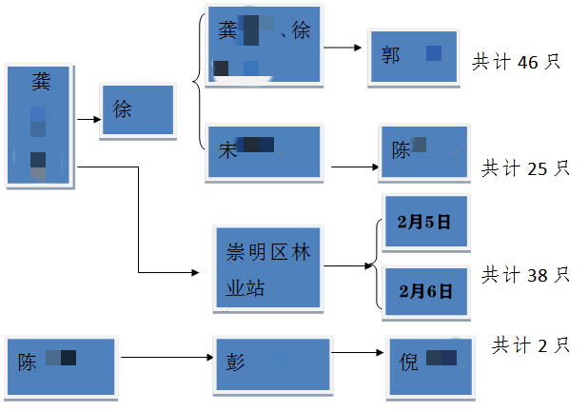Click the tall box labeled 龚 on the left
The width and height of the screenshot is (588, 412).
[41, 125]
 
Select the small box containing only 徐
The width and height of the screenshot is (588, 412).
[138, 110]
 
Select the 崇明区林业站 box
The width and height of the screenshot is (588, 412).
[269, 267]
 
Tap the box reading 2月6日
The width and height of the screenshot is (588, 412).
[425, 292]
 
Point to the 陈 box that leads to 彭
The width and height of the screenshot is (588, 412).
[61, 363]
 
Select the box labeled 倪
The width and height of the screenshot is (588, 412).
[429, 366]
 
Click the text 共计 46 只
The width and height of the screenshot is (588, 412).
[516, 63]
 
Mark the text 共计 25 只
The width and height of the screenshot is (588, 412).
[525, 168]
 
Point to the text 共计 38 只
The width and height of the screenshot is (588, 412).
[525, 275]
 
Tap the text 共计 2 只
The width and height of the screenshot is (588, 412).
[530, 345]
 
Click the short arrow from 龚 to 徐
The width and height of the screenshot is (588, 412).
[88, 120]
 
